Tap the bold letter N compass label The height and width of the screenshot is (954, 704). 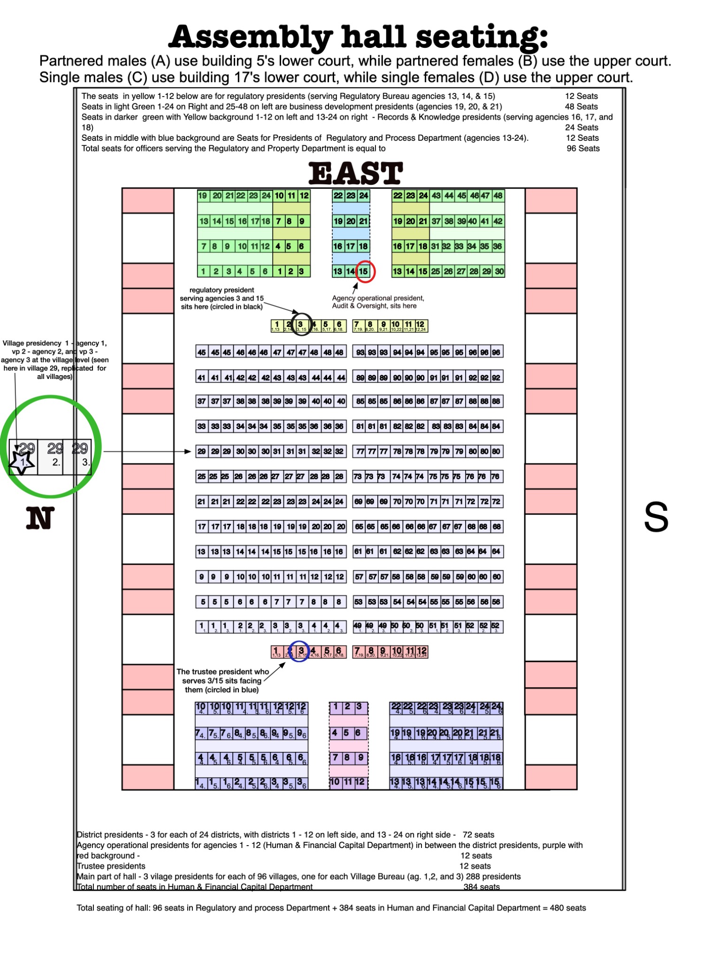(40, 518)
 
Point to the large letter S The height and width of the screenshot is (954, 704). (656, 517)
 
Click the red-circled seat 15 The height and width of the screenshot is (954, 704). (364, 271)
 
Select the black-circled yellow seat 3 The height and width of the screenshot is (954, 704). (301, 325)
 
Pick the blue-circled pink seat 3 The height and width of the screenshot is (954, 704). (301, 651)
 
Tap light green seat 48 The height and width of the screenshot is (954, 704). (498, 196)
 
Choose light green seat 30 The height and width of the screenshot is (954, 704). (499, 271)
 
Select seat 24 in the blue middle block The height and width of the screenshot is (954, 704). (364, 196)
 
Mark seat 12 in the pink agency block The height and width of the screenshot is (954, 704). (360, 782)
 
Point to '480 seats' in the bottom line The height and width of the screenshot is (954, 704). (567, 908)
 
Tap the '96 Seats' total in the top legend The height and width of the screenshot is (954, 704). (583, 148)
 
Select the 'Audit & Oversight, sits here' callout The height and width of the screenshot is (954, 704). (374, 306)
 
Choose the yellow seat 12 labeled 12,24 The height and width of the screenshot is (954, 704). (421, 325)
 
